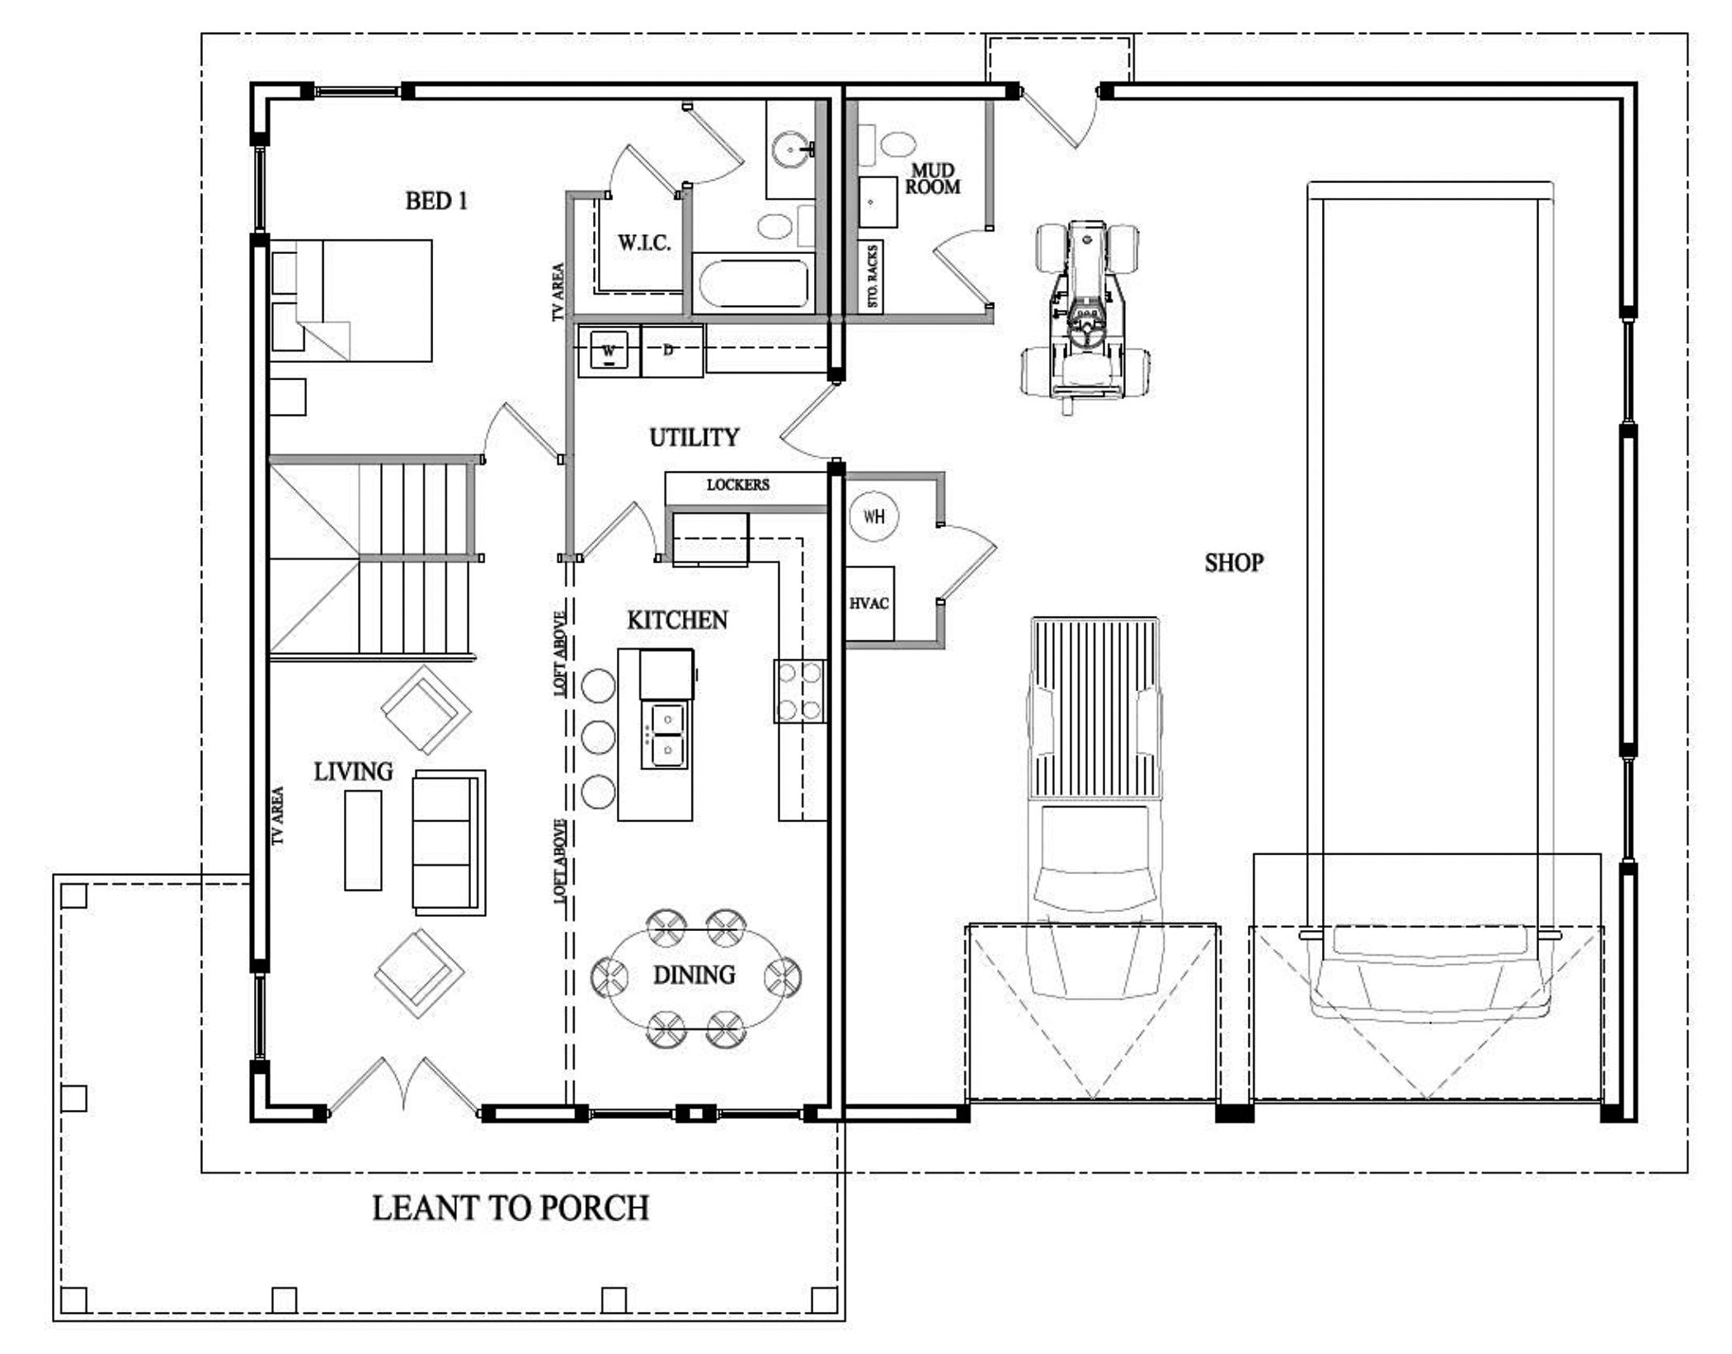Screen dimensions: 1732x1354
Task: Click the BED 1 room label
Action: coord(436,201)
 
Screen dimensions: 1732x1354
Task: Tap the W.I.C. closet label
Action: coord(644,243)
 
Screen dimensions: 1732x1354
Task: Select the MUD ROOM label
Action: coord(933,179)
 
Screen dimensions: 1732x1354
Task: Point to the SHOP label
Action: coord(1234,563)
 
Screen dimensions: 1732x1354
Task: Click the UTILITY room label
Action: coord(694,438)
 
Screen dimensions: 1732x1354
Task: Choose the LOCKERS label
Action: coord(737,485)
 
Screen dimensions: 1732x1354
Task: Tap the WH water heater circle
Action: coord(873,517)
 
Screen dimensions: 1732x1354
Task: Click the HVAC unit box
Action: coord(869,604)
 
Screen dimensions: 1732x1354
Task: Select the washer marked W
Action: coord(609,351)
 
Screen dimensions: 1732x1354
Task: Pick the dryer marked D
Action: coord(672,351)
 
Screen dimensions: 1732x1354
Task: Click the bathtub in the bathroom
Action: coord(753,283)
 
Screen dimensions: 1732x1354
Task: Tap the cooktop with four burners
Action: coord(799,691)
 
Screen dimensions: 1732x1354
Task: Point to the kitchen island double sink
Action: coord(667,736)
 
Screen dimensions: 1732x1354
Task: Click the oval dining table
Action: coord(695,978)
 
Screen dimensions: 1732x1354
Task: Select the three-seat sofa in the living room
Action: coord(449,843)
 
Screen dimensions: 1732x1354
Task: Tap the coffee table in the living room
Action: coord(363,840)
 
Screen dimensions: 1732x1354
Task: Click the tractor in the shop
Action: coord(1085,317)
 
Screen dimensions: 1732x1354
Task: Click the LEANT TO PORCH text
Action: coord(511,1208)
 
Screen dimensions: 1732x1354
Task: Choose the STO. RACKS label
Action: coord(873,276)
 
